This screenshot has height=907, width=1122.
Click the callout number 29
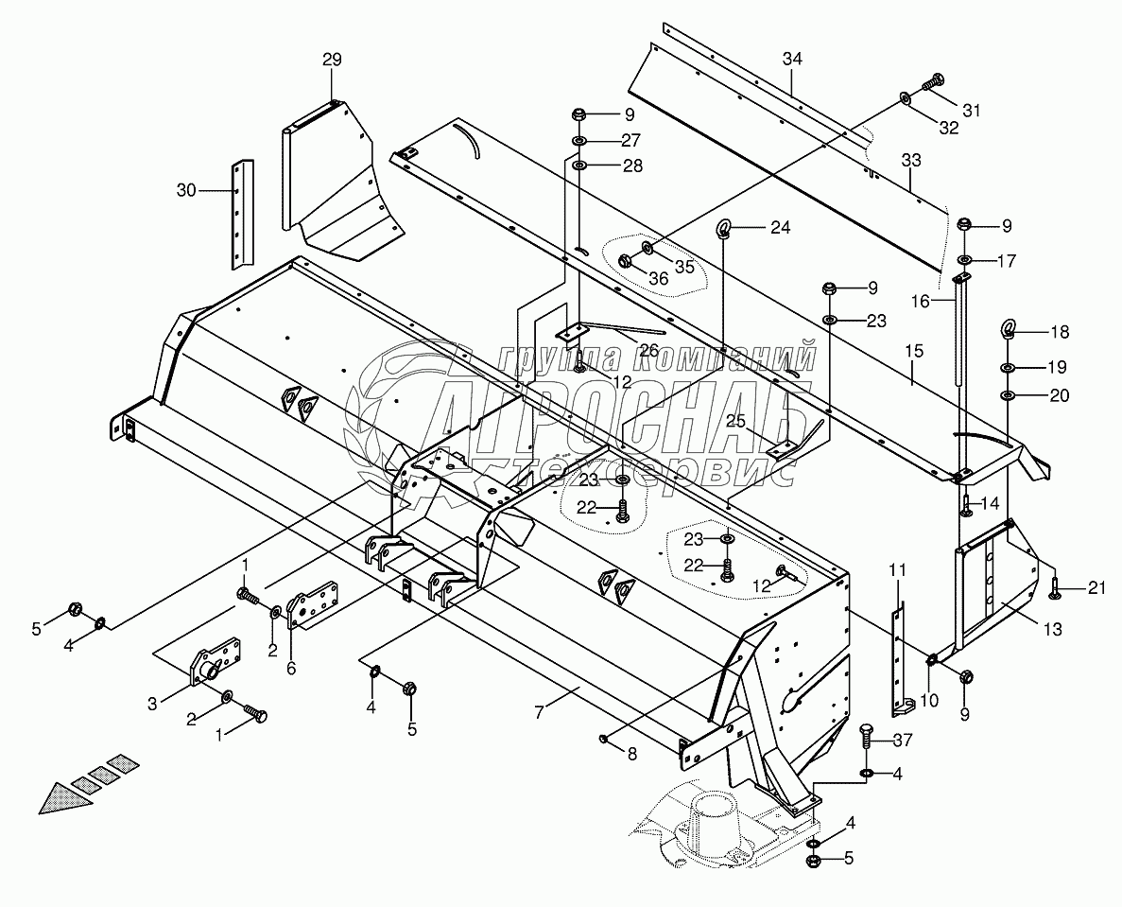(x=331, y=60)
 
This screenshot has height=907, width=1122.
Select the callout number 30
(x=187, y=190)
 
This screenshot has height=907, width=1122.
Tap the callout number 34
(x=792, y=60)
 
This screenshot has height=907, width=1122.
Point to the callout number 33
(x=910, y=161)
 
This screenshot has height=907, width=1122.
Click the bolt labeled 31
(x=933, y=83)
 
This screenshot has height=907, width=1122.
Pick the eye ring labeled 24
(x=725, y=228)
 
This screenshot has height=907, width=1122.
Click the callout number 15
(x=913, y=351)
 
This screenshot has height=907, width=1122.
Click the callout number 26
(x=648, y=350)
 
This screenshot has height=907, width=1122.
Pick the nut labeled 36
(x=626, y=261)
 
